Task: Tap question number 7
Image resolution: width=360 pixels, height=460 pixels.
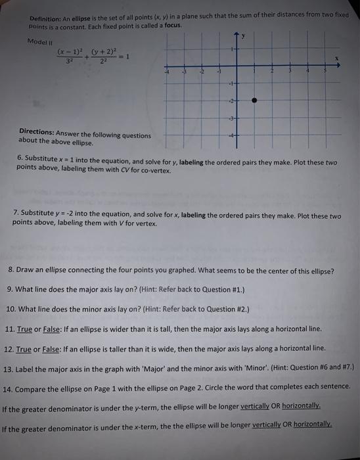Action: point(16,216)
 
